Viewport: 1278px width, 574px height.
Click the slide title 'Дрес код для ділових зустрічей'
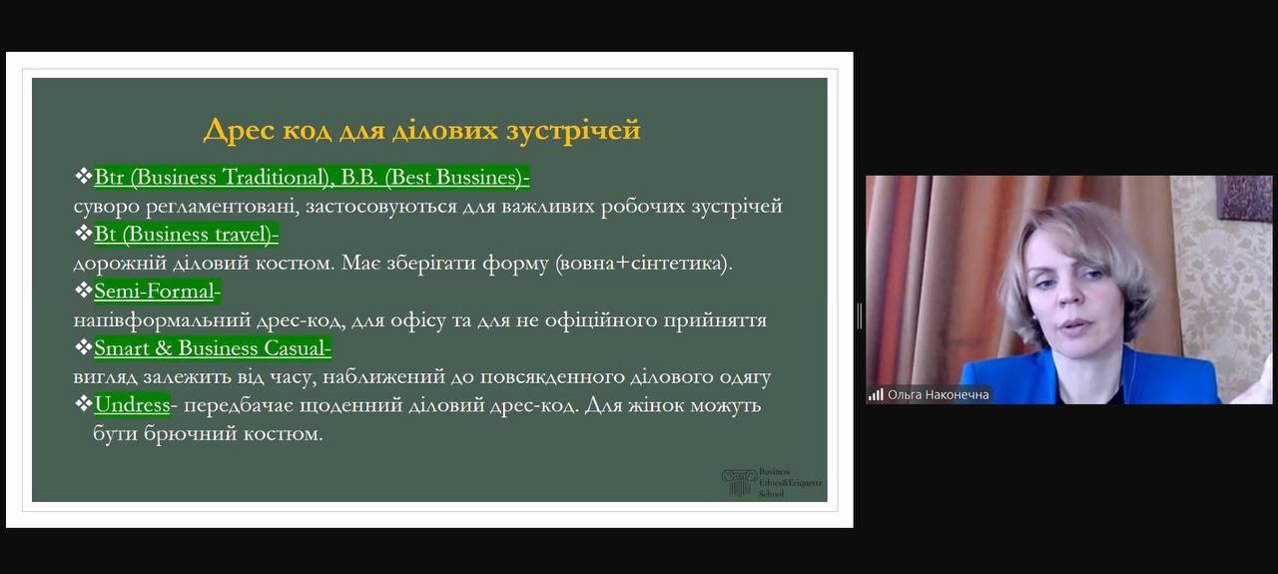coord(421,130)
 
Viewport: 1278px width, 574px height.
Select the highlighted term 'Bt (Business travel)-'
coord(186,235)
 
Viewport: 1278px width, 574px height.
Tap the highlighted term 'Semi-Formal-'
coord(157,291)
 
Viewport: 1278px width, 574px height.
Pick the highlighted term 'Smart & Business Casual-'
coord(213,348)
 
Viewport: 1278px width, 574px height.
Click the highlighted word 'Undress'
coord(132,405)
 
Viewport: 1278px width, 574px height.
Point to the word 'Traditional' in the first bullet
coord(274,178)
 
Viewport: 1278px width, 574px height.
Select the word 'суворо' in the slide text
coord(106,207)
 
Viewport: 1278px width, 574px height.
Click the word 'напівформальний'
coord(162,320)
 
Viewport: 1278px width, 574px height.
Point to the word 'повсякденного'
coord(551,377)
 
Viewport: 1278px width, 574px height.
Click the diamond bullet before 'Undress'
coord(83,404)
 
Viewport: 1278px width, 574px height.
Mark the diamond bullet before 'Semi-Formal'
coord(83,290)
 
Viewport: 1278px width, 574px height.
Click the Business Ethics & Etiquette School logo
coord(772,483)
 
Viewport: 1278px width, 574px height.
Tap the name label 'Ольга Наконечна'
coord(938,395)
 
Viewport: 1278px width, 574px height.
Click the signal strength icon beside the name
coord(876,395)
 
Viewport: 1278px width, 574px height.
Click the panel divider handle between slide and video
coord(860,315)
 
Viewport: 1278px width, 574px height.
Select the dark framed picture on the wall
coord(1247,198)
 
